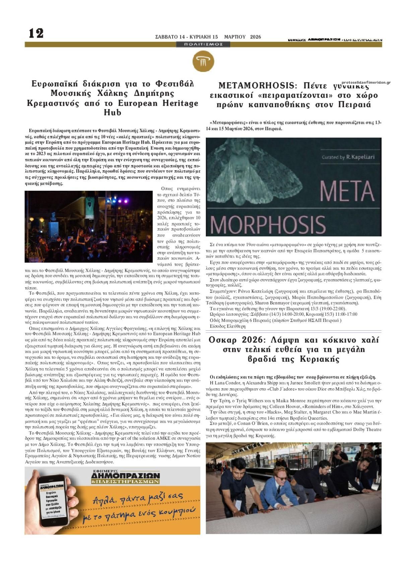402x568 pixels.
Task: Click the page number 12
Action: pyautogui.click(x=36, y=33)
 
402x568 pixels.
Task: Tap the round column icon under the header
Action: pyautogui.click(x=203, y=62)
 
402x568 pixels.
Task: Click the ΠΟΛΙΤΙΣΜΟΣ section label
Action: pyautogui.click(x=203, y=44)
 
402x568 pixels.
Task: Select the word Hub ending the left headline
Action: pyautogui.click(x=113, y=113)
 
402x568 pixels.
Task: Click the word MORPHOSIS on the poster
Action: pyautogui.click(x=268, y=223)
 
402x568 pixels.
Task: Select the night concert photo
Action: pyautogui.click(x=88, y=227)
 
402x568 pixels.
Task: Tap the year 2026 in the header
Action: pyautogui.click(x=256, y=37)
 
